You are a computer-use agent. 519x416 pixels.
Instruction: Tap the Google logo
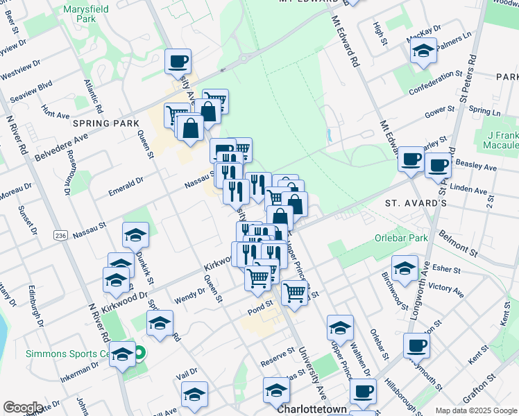23,408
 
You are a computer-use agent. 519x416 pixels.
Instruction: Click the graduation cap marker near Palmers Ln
423,50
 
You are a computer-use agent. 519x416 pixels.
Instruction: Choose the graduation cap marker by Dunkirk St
135,234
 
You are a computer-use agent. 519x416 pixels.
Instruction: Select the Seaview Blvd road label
36,85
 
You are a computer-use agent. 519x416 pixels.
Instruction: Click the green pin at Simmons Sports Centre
138,354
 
